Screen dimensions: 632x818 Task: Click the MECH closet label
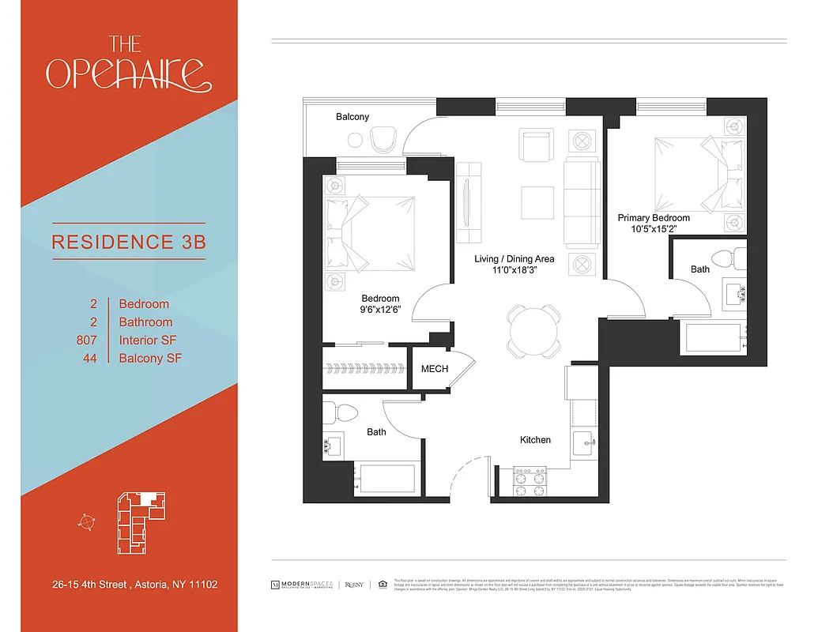coord(434,369)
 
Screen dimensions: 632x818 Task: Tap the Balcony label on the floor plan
coord(352,117)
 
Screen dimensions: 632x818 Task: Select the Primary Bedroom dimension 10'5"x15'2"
coord(654,229)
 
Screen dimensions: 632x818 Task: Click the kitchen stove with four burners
coord(530,481)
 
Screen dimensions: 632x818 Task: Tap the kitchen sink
coord(584,441)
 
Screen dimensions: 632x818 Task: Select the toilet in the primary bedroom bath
coord(724,258)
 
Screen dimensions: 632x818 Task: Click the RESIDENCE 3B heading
coord(129,241)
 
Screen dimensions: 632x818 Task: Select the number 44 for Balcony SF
coord(90,358)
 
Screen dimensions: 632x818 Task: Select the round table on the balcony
coord(356,141)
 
